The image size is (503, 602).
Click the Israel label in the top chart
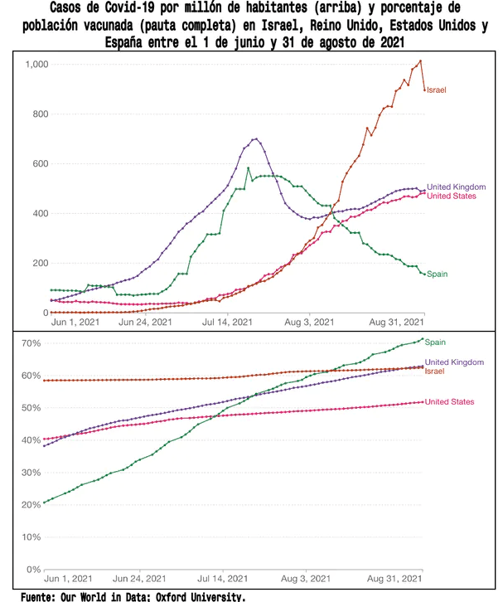click(x=438, y=89)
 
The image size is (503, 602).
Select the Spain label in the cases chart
click(x=438, y=274)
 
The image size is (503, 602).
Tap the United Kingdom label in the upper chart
click(x=455, y=187)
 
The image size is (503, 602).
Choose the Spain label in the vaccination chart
click(x=436, y=341)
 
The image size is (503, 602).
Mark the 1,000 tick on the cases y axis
click(x=37, y=65)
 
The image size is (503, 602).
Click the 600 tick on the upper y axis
click(x=41, y=164)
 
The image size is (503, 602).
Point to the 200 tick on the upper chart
click(x=41, y=264)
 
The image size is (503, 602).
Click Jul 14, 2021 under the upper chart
click(x=225, y=322)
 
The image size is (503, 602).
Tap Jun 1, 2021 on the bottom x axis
click(x=71, y=578)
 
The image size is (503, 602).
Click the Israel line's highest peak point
click(x=421, y=61)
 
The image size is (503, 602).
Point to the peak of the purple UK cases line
click(x=256, y=138)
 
